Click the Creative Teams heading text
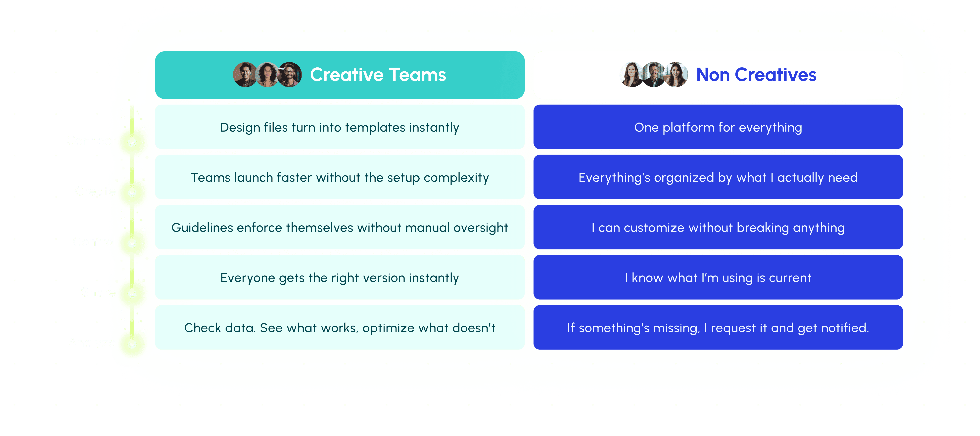click(x=378, y=75)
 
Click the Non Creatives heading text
click(x=756, y=75)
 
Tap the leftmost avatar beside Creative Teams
click(x=245, y=75)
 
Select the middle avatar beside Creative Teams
click(x=267, y=75)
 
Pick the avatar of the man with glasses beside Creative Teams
click(x=290, y=75)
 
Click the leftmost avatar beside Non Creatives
click(x=631, y=75)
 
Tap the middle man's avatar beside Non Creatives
click(x=654, y=75)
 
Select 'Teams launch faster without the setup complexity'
click(x=339, y=177)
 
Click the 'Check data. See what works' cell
click(x=339, y=328)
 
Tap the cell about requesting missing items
click(x=718, y=328)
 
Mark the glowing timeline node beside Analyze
click(x=132, y=344)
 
